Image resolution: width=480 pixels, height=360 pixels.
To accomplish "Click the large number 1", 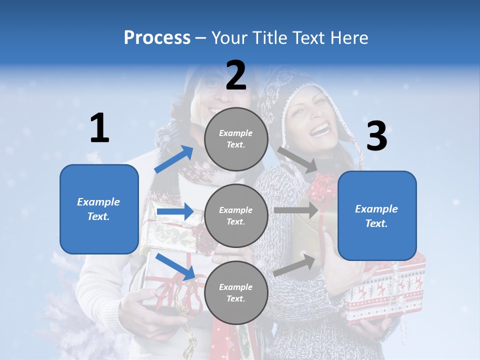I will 99,128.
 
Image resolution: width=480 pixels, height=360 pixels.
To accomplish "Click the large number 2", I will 236,75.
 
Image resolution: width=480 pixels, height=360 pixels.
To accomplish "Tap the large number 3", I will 377,136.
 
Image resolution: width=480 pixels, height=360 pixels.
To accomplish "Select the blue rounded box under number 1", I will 99,209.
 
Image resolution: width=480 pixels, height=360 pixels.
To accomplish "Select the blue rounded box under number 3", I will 377,216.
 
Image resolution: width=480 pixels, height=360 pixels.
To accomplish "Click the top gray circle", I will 236,139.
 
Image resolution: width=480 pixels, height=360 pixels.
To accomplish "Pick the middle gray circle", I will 236,215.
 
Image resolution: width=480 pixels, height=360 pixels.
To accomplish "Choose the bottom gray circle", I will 236,292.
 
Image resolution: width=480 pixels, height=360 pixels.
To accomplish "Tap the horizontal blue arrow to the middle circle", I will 175,211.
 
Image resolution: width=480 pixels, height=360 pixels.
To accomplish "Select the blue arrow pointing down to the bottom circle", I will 175,266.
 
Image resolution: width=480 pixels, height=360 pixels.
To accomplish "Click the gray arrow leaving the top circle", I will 297,159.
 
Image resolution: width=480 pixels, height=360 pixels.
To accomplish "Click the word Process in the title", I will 157,38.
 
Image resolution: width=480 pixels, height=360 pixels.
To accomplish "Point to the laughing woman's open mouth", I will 320,130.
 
